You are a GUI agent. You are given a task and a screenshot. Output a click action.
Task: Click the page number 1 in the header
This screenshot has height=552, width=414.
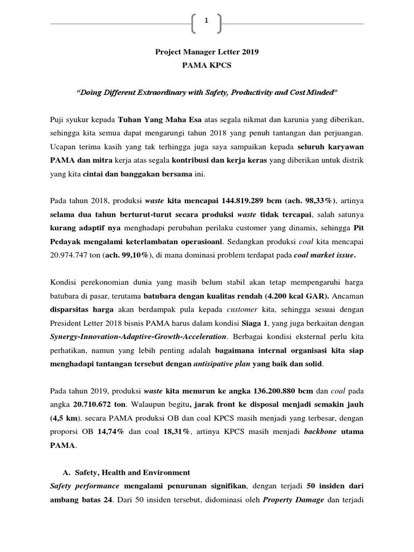(206, 20)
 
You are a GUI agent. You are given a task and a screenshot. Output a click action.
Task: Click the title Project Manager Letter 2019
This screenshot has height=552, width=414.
(206, 52)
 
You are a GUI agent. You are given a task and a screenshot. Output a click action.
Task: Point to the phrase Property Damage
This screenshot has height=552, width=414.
(293, 500)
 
